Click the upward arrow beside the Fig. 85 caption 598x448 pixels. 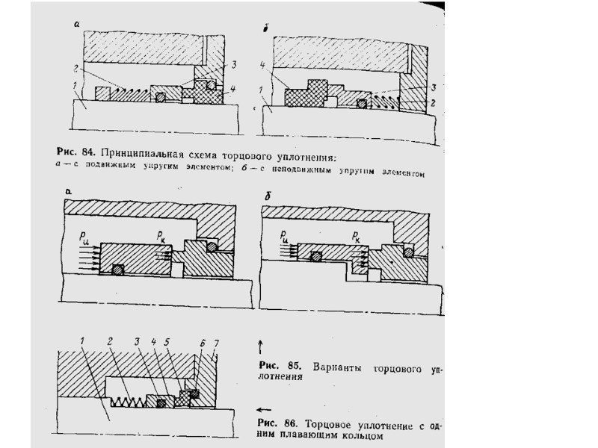point(259,345)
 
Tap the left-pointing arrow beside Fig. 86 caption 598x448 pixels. point(262,409)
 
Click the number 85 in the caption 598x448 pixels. point(293,366)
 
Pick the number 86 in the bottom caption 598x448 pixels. point(293,426)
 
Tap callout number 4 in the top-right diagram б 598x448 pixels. point(262,66)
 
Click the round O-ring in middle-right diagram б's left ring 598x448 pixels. point(318,257)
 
